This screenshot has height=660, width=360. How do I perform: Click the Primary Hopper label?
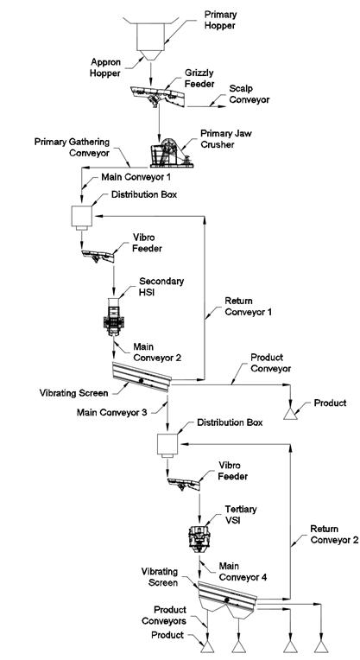[x=220, y=20]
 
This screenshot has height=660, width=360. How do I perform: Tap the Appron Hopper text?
[x=105, y=67]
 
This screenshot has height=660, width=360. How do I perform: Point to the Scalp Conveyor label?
[x=249, y=94]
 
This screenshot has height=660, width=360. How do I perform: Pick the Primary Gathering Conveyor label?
[x=72, y=148]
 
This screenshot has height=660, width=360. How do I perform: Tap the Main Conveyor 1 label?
[x=136, y=177]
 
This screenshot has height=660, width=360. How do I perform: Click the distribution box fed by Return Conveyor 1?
[x=82, y=218]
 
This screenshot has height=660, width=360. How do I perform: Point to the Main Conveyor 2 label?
[x=157, y=352]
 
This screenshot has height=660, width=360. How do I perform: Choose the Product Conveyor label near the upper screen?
[x=270, y=363]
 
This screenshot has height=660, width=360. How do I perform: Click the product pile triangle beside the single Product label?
[x=290, y=414]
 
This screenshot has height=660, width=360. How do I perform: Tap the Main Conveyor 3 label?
[x=111, y=412]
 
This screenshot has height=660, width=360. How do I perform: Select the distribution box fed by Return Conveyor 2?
[x=167, y=446]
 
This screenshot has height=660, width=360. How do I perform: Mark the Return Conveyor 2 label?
[x=334, y=534]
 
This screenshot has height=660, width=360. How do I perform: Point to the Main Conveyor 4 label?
[x=243, y=572]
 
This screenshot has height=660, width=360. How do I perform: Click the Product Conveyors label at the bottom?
[x=164, y=615]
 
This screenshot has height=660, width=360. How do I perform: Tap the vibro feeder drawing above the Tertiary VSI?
[x=183, y=484]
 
